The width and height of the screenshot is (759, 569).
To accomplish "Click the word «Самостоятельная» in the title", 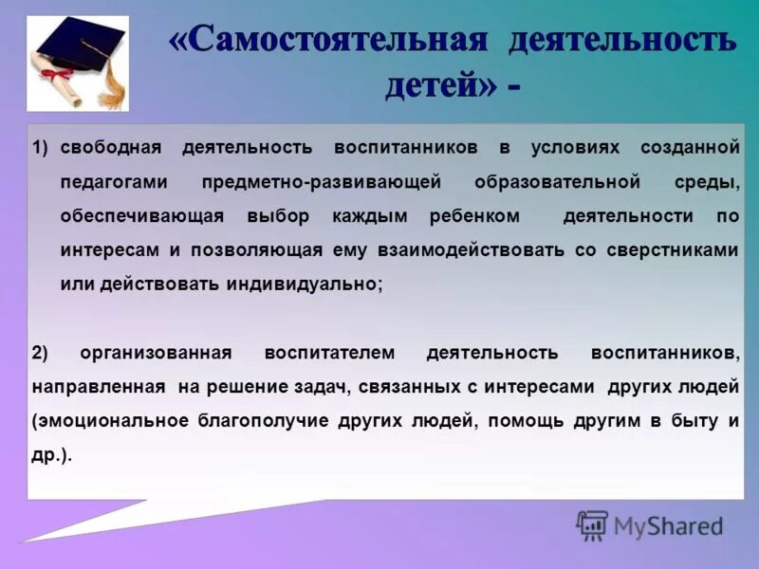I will coord(328,41).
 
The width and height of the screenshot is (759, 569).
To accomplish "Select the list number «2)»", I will coord(40,353).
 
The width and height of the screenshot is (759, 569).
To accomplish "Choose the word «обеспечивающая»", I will coord(142,216).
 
